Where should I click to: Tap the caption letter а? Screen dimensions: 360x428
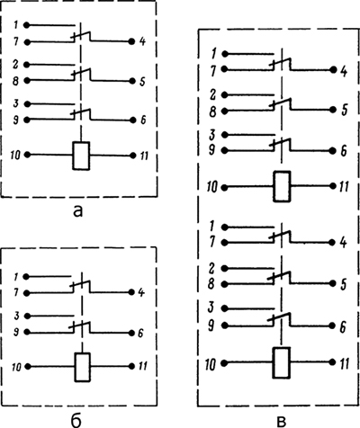77,211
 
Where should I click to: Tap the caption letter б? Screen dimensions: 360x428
76,420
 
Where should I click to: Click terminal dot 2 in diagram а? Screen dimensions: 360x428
27,65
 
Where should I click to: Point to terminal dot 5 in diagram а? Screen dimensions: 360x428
132,81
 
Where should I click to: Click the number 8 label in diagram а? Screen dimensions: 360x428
15,81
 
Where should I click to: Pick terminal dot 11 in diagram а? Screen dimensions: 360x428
133,156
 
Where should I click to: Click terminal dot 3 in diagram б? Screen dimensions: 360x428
27,316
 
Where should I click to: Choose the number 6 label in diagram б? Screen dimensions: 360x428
141,333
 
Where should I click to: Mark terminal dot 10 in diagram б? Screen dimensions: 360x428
28,366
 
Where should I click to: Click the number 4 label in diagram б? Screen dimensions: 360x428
141,292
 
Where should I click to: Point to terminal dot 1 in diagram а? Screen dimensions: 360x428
27,25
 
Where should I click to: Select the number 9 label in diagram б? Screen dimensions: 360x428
16,332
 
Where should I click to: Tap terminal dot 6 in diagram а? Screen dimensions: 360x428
132,120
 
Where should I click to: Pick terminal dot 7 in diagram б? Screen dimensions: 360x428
27,293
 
